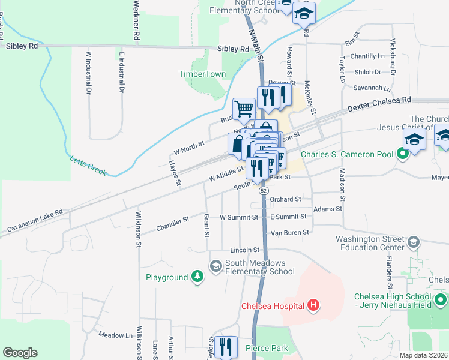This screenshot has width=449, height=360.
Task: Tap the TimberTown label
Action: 202,74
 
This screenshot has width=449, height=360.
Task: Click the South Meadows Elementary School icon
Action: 215,265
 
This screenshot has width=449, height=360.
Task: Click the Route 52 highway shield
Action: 264,190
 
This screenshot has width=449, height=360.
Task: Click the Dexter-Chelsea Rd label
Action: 379,104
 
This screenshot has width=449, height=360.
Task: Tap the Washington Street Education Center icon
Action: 413,242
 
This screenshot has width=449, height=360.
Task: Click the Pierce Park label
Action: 267,348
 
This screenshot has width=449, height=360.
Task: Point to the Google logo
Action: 20,352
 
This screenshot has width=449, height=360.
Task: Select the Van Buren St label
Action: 289,232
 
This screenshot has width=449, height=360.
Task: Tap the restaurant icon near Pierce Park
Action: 226,347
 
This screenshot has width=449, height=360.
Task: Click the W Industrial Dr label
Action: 88,72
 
